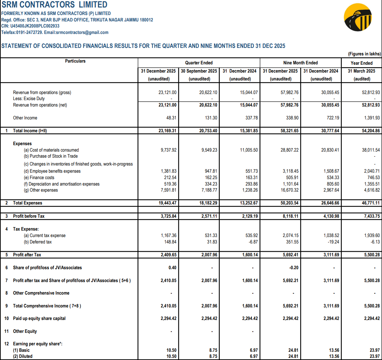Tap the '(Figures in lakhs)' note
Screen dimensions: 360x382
[364, 54]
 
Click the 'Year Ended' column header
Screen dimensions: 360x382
[361, 63]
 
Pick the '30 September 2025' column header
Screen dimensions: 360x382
[199, 71]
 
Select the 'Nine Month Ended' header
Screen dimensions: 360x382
[300, 63]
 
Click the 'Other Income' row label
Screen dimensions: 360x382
[25, 118]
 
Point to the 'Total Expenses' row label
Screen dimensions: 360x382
[28, 203]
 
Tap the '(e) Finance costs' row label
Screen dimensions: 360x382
[39, 178]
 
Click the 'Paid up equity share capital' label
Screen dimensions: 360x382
[39, 319]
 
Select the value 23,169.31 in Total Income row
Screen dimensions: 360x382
[167, 131]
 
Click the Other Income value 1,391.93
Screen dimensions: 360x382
[371, 118]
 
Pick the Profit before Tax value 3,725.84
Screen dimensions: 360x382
[167, 216]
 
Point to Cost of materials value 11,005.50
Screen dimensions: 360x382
[249, 150]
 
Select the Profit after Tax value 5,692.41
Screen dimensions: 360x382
[289, 255]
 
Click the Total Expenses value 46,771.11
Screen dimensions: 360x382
[371, 203]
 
